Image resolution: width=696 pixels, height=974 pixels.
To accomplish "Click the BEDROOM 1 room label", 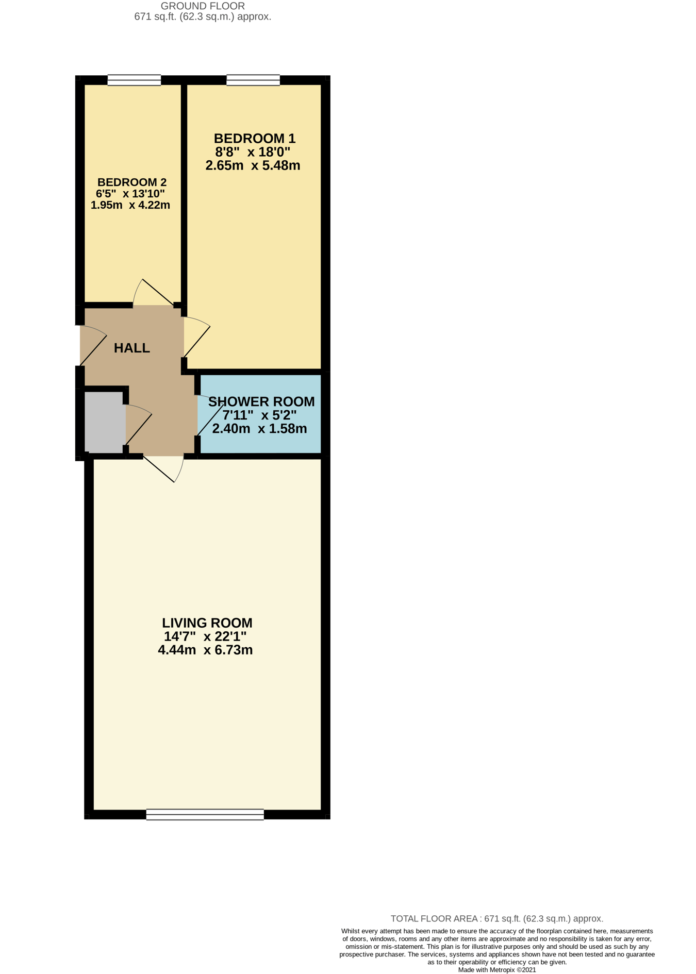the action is [255, 139].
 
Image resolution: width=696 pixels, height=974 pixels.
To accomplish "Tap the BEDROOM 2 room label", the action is [132, 182].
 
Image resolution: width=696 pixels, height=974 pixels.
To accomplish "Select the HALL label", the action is [132, 348].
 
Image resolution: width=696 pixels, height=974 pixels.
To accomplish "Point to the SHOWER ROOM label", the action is [261, 401].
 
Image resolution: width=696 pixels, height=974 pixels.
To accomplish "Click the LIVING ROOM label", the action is [207, 623].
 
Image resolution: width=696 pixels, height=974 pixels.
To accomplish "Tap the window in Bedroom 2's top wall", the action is [134, 80].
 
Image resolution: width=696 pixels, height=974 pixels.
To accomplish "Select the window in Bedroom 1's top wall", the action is [253, 80].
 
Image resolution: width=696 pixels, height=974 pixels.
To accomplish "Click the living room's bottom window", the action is [205, 814].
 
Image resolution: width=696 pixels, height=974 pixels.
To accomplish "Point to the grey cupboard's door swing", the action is [139, 425].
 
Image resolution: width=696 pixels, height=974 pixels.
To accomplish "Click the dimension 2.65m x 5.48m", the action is [253, 165].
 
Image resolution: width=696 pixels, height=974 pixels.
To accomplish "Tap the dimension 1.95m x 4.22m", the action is [130, 205].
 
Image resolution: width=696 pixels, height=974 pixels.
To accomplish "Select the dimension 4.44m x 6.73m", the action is [205, 650].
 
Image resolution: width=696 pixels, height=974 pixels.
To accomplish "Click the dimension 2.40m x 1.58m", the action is [260, 428].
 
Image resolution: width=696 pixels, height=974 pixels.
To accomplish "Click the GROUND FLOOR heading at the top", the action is [203, 6].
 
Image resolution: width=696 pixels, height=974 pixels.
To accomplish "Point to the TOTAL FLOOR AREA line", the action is [497, 918].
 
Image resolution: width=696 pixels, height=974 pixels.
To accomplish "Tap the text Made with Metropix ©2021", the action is [497, 970].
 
